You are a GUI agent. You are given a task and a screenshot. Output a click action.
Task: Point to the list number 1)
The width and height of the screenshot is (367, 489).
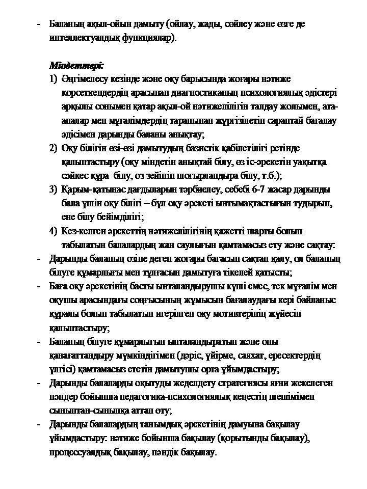[x=54, y=79]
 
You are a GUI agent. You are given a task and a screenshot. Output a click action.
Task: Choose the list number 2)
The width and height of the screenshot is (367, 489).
[x=54, y=148]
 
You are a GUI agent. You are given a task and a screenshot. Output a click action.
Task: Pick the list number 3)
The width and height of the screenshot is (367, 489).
[x=54, y=189]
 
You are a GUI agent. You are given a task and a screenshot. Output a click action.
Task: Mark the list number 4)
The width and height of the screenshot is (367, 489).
[x=54, y=231]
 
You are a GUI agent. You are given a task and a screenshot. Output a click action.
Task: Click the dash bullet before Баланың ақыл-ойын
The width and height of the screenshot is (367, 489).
[x=39, y=24]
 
